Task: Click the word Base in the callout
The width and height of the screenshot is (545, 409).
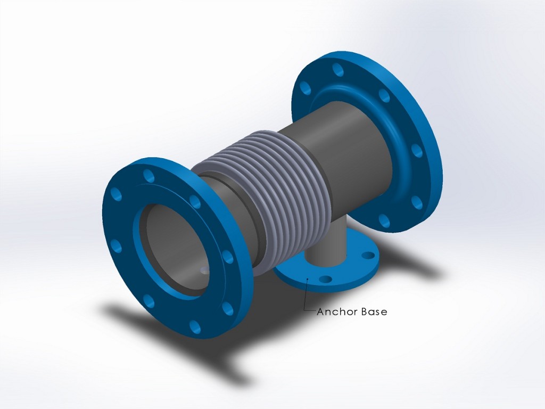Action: (x=374, y=312)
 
